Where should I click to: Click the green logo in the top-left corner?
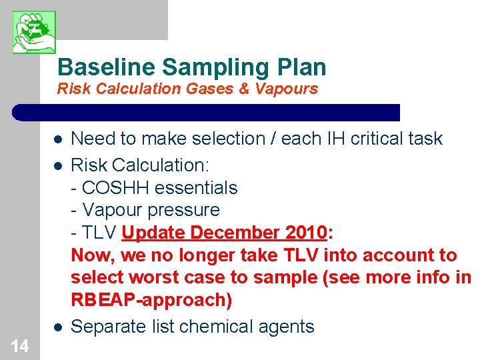coord(34,32)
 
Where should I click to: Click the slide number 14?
coord(20,346)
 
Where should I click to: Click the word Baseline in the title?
coord(106,67)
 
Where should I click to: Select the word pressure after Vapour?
coord(187,210)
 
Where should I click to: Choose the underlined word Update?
coord(154,233)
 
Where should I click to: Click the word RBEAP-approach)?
coord(151,300)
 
